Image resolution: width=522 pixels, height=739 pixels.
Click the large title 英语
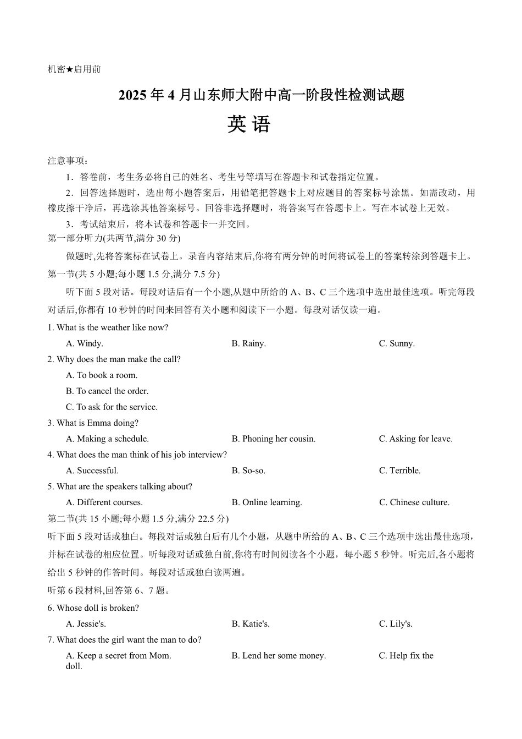pos(249,124)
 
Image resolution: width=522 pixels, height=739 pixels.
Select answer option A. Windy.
pos(85,343)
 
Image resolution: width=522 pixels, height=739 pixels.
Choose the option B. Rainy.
pos(248,343)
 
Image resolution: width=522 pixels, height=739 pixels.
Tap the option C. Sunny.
pos(396,343)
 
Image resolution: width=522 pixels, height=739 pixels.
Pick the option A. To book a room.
pos(102,375)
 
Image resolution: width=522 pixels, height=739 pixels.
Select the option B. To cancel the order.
pos(107,391)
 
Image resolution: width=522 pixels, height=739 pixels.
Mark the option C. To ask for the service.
pos(112,407)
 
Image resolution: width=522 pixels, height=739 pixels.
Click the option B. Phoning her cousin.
pos(273,439)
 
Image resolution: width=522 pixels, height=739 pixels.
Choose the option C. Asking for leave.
pos(415,439)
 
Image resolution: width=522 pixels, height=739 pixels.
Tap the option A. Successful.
pos(92,471)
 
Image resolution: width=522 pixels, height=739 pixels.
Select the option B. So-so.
pos(248,471)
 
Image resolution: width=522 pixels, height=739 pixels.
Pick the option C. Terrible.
pos(399,471)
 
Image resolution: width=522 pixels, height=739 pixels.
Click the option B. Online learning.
pos(266,503)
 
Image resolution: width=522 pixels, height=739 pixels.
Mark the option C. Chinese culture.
pos(414,503)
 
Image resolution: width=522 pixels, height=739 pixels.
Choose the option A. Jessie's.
pos(86,624)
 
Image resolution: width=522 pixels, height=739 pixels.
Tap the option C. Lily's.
pos(396,624)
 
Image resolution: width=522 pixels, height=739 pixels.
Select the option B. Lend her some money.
pos(279,656)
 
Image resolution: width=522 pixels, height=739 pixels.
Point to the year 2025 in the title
pos(133,95)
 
